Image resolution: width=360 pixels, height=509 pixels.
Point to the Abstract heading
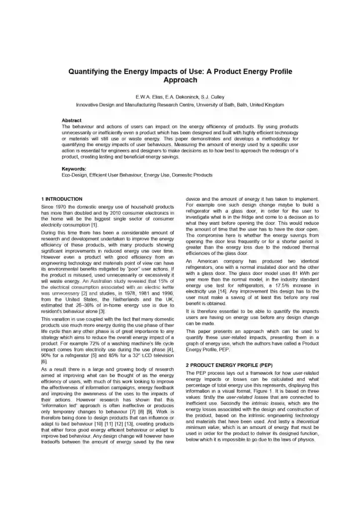71,121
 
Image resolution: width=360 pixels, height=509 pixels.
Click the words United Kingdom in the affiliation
267,105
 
